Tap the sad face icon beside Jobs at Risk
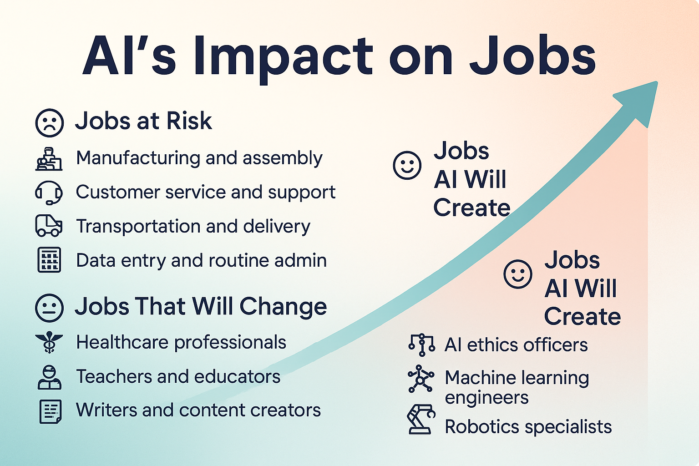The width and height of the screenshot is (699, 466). pos(50,123)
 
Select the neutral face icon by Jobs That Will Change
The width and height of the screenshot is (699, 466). pos(50,308)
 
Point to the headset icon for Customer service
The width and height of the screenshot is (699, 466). pos(49,192)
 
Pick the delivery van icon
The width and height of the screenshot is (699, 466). pos(49,225)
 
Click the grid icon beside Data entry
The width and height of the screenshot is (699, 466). pos(49,260)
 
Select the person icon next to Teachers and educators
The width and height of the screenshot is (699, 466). pos(49,377)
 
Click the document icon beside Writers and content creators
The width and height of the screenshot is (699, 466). pos(50,411)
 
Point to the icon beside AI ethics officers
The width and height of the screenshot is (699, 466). pos(421,345)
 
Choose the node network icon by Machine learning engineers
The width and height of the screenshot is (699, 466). pos(420,379)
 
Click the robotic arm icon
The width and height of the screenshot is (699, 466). pos(421,419)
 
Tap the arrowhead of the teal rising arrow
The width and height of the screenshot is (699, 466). pos(640,101)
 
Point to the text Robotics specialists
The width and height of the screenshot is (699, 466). pos(528,427)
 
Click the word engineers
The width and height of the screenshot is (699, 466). pos(486,398)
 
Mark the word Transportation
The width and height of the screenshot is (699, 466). pos(138,226)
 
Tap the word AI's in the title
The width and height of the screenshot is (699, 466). pos(129,55)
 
